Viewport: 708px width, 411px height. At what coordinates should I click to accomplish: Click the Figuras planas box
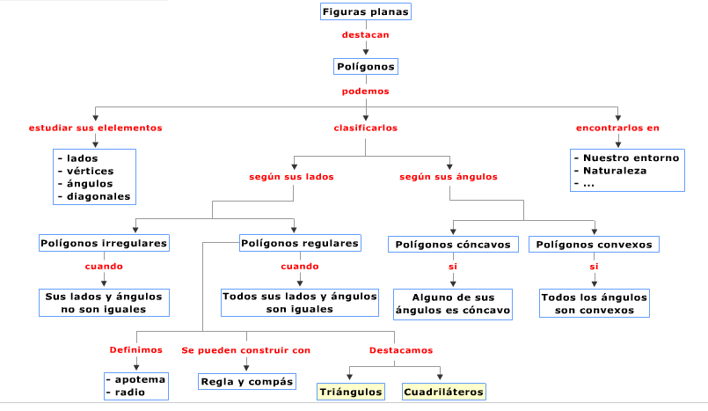[365, 12]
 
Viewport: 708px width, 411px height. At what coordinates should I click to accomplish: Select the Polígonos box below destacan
[366, 66]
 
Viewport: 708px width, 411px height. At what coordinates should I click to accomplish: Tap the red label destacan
[365, 35]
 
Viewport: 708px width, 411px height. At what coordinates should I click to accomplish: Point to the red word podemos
[365, 91]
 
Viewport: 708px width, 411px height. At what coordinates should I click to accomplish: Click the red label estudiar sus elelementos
[95, 128]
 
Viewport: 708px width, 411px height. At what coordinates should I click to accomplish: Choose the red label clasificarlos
[365, 128]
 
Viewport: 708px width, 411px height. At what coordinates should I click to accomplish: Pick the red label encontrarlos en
[617, 128]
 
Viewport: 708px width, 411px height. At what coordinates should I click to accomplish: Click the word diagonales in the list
[99, 196]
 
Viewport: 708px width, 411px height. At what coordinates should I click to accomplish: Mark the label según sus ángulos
[449, 176]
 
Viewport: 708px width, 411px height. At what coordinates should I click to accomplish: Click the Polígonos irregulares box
[104, 242]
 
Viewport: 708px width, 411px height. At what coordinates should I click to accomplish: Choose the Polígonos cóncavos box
[453, 244]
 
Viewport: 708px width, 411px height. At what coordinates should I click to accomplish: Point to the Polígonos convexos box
[595, 244]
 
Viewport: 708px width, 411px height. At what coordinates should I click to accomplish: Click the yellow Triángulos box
[351, 392]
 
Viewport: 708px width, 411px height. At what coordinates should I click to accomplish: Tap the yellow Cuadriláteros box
[444, 392]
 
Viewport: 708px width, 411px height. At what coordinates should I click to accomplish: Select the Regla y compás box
[246, 381]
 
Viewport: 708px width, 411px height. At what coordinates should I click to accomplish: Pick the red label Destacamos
[400, 350]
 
